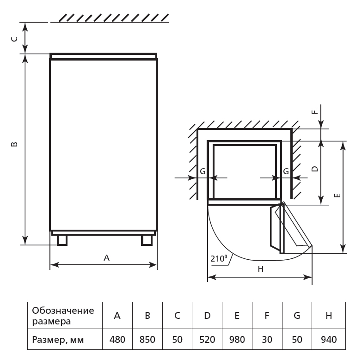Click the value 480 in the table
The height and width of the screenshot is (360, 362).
tap(117, 340)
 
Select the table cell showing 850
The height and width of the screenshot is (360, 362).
tap(147, 340)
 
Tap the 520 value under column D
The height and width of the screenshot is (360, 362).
tap(207, 340)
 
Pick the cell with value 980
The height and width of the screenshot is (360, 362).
tap(237, 340)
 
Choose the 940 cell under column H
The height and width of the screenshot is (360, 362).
tap(329, 340)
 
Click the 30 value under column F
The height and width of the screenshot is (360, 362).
tap(267, 340)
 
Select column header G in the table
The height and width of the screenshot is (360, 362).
tap(297, 316)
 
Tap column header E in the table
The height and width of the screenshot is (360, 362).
tap(237, 316)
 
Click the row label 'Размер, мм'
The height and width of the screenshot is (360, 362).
tap(58, 340)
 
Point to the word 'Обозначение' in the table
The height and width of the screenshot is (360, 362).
tap(63, 311)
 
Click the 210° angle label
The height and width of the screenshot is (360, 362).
tap(219, 258)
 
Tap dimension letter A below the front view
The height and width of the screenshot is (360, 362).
tap(106, 258)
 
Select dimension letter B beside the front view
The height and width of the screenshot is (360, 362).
tap(14, 144)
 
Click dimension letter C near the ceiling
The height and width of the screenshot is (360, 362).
tap(14, 39)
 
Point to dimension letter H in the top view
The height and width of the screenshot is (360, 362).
tap(261, 269)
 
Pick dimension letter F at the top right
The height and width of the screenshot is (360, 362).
tap(315, 112)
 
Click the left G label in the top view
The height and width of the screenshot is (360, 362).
tap(202, 171)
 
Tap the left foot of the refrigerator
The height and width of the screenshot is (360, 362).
tap(62, 240)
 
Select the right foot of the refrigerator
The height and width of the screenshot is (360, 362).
tap(147, 240)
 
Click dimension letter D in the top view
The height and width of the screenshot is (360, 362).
tap(315, 169)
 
